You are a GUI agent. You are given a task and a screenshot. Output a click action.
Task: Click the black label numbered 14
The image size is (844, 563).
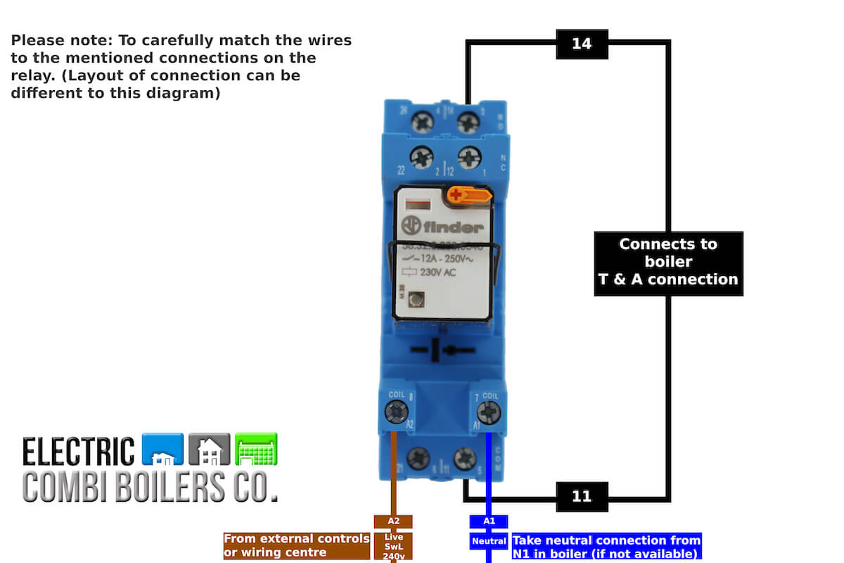(x=582, y=44)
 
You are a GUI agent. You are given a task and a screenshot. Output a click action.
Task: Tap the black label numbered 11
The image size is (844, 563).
(x=582, y=496)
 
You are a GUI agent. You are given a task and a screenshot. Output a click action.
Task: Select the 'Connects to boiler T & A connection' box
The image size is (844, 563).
(x=668, y=262)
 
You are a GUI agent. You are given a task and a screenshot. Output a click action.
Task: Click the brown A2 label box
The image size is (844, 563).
(x=393, y=521)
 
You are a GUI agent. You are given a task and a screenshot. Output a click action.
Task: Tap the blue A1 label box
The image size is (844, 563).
(x=489, y=521)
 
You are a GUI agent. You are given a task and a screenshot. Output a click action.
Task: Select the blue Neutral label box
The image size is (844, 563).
(x=489, y=541)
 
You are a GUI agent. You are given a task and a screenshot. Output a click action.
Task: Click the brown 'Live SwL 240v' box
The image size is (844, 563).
(x=393, y=546)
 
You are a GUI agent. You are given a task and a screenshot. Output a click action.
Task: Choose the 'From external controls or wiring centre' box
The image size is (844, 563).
(x=296, y=546)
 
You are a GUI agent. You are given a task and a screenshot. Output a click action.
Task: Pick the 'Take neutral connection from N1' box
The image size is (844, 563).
(x=606, y=546)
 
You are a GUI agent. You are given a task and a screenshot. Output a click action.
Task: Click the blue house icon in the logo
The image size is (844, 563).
(x=162, y=450)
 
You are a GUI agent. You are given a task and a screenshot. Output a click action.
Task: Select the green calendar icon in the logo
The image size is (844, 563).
(x=256, y=450)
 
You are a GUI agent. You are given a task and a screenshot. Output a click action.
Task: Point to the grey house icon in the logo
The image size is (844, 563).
(x=210, y=450)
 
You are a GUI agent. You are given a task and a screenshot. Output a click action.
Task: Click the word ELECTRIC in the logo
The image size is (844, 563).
(x=78, y=451)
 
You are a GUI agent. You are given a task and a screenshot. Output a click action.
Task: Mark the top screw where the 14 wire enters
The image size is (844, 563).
(x=468, y=123)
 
